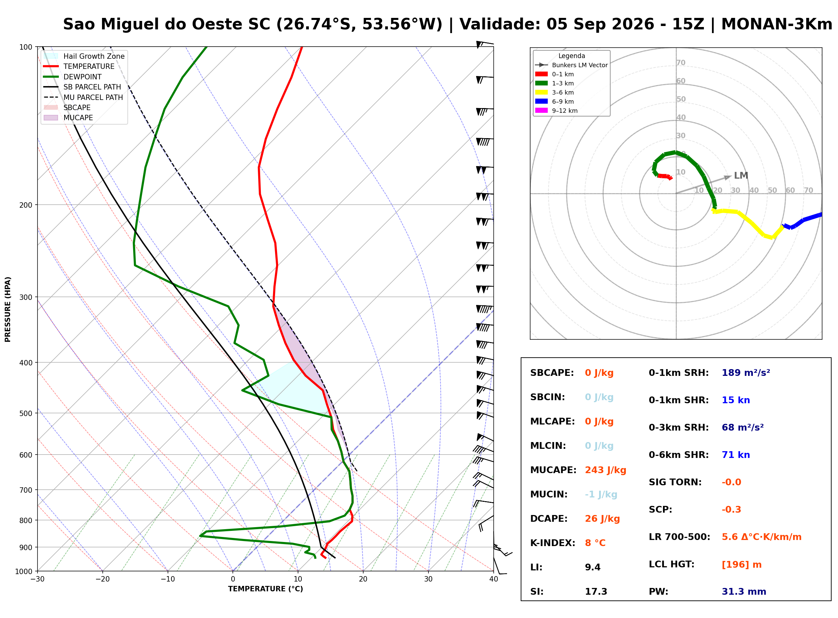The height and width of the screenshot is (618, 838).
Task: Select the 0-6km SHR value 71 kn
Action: pos(736,455)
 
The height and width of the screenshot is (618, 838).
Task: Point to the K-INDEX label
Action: pos(552,543)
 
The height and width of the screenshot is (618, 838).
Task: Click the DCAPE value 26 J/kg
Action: pos(602,519)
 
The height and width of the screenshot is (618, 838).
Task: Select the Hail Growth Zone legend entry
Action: pos(84,56)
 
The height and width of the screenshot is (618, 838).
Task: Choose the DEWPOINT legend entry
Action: pos(72,77)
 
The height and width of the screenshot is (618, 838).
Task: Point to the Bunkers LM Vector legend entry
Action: pos(571,65)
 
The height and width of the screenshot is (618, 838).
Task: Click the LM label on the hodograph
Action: pos(741,176)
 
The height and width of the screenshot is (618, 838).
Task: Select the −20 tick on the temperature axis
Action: pos(102,580)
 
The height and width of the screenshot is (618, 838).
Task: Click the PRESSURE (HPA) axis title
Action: pos(8,309)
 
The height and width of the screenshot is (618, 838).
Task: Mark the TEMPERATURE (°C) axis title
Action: pos(265,589)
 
